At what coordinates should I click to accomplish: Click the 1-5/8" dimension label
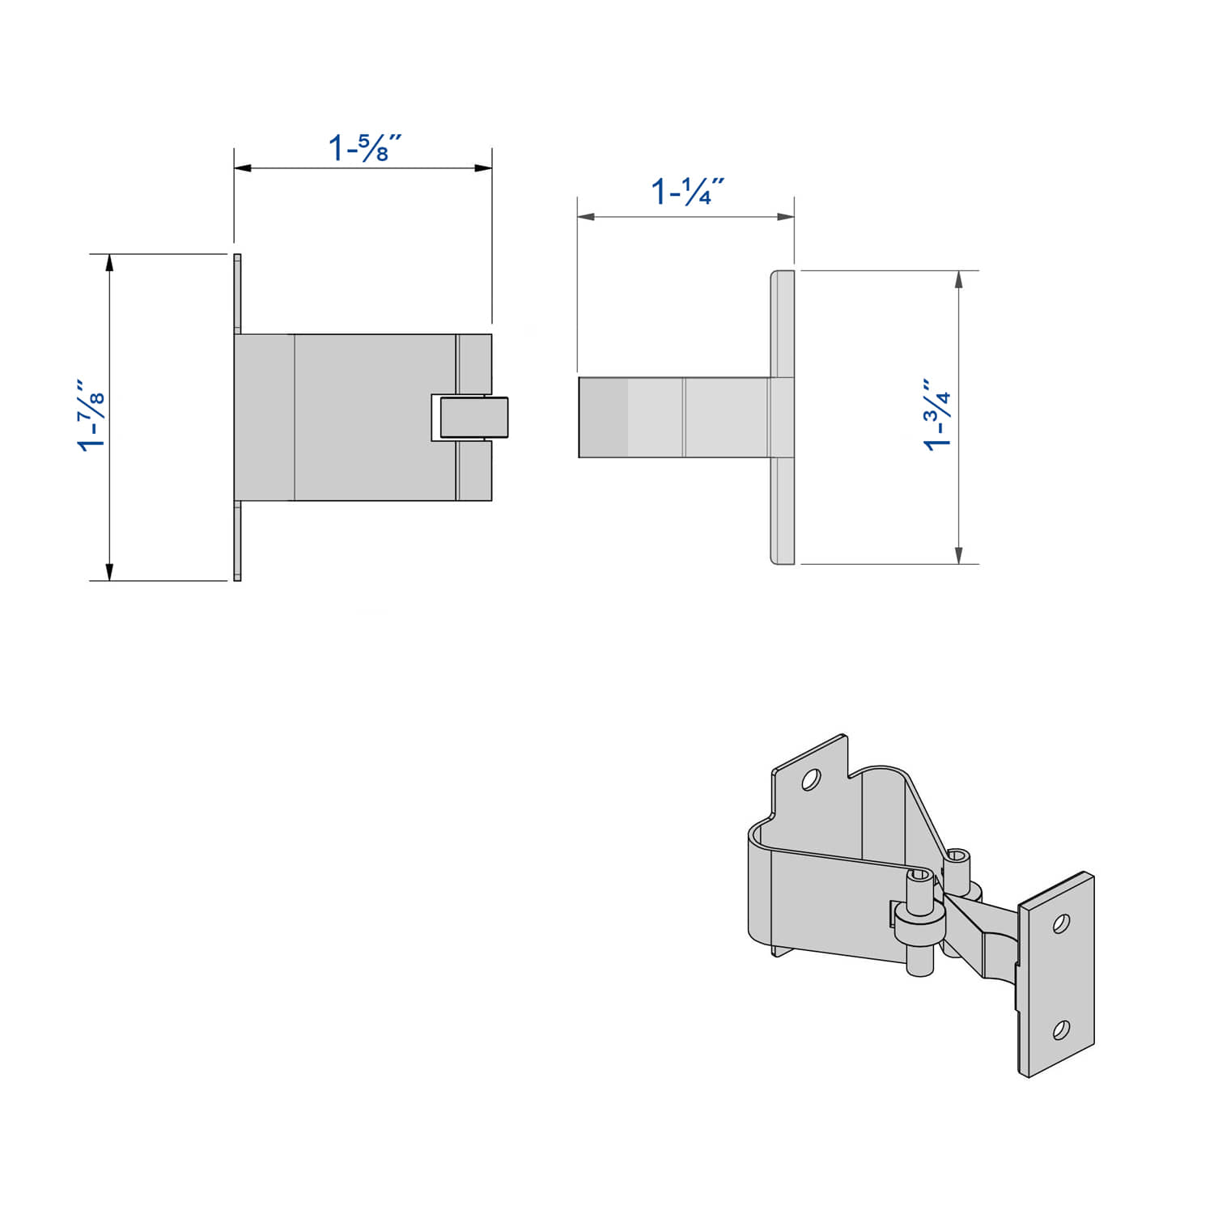pyautogui.click(x=365, y=148)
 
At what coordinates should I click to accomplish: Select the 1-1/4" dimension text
pyautogui.click(x=687, y=192)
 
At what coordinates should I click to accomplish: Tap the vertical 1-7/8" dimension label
pyautogui.click(x=91, y=414)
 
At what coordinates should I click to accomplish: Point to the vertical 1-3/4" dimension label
pyautogui.click(x=938, y=414)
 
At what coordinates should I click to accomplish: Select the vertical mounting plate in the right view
pyautogui.click(x=782, y=417)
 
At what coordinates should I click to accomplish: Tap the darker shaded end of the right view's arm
pyautogui.click(x=602, y=417)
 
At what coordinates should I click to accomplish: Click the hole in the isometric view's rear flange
pyautogui.click(x=810, y=779)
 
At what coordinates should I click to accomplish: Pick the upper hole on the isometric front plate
pyautogui.click(x=1062, y=923)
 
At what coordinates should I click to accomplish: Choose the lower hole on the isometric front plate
pyautogui.click(x=1060, y=1029)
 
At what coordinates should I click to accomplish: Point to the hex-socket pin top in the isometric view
pyautogui.click(x=958, y=855)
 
